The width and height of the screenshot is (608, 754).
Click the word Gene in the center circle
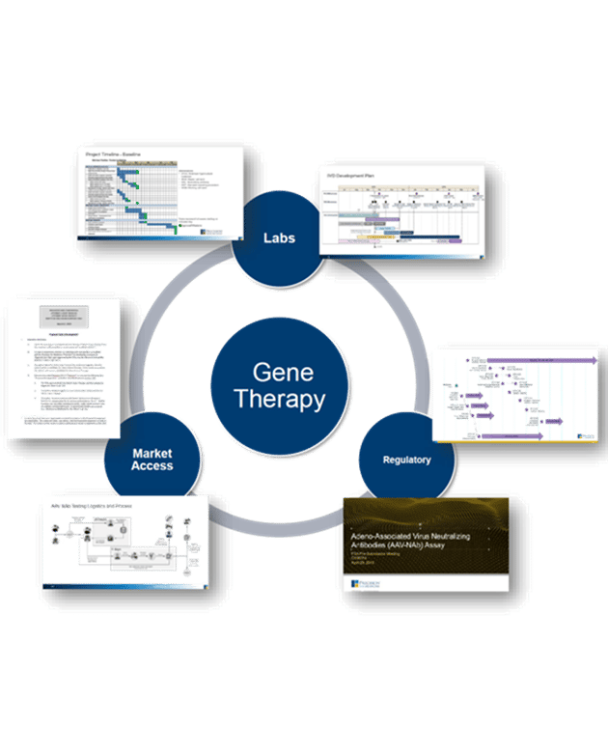click(283, 372)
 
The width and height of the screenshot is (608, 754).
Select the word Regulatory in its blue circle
click(406, 460)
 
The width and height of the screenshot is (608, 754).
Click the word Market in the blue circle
click(152, 452)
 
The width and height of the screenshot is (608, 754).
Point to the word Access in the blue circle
click(152, 466)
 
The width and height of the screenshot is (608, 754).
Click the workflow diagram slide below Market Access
click(125, 542)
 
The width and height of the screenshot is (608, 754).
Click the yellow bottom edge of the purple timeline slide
click(511, 441)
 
